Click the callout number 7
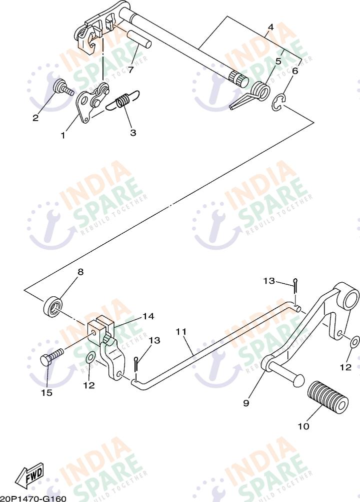130,70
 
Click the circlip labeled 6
278,103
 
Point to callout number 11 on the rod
180,331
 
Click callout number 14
148,316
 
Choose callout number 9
246,403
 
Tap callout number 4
270,27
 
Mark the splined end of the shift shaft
238,78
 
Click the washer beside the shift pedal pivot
354,342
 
